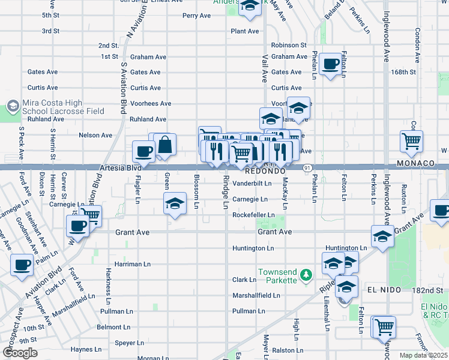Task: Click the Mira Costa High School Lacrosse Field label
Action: tap(63, 107)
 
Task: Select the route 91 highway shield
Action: tap(307, 169)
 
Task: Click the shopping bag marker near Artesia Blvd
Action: tap(164, 145)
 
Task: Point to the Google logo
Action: tap(20, 353)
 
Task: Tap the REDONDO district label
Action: tap(264, 171)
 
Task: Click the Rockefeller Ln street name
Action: tap(253, 215)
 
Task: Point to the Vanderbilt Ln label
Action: tap(252, 183)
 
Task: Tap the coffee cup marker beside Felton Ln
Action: tap(330, 64)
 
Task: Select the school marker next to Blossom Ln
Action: tap(175, 205)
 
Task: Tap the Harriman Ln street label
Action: tap(128, 264)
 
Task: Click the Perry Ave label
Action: tap(197, 16)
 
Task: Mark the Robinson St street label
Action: tap(289, 45)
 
